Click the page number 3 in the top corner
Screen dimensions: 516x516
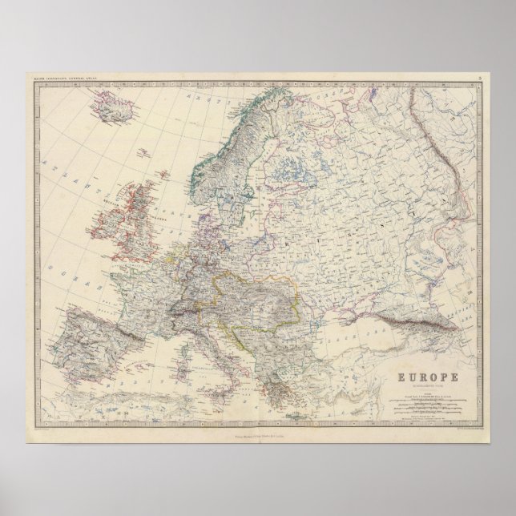[478, 77]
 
